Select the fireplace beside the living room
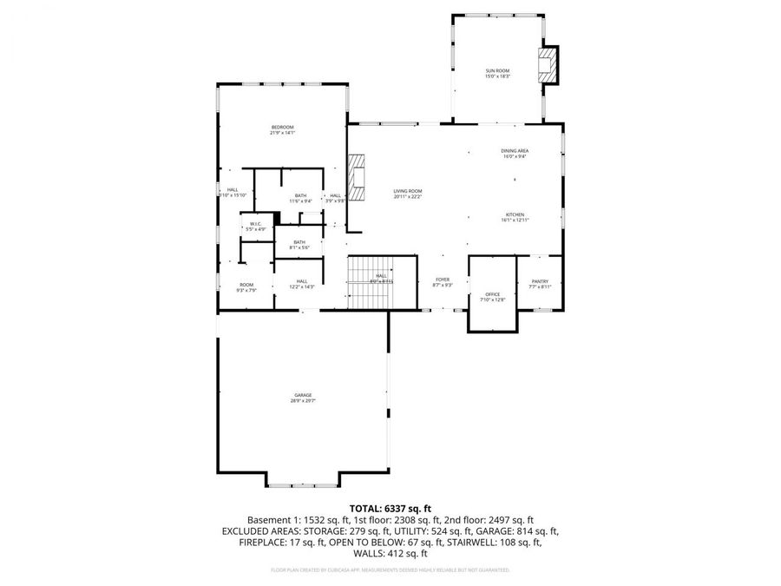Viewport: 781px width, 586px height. (x=357, y=177)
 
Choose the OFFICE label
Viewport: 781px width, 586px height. (x=492, y=296)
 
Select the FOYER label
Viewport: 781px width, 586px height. (x=442, y=281)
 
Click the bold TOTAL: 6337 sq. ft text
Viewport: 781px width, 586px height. (x=390, y=508)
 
